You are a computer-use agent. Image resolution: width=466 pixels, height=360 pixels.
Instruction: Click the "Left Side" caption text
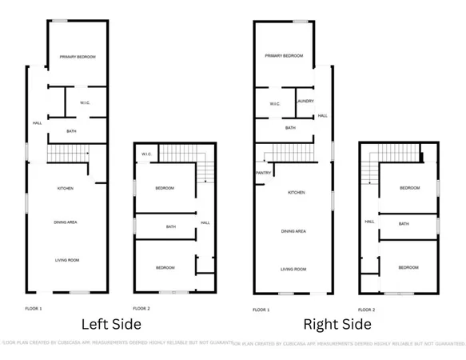click(x=112, y=324)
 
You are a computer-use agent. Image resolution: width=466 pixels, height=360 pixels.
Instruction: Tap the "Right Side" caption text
click(x=337, y=324)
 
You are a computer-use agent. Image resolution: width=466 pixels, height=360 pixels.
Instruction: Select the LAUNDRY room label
click(x=304, y=101)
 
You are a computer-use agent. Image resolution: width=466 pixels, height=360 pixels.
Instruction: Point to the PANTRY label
click(x=264, y=172)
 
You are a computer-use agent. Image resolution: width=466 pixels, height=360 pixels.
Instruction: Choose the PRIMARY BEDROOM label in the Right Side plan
click(x=284, y=56)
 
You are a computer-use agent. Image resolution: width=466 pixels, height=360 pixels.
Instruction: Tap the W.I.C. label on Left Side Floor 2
click(x=146, y=154)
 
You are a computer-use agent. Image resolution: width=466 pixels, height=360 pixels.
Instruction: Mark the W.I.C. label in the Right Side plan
click(x=274, y=103)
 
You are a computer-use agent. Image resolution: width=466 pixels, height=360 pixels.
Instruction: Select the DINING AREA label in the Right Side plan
click(x=293, y=231)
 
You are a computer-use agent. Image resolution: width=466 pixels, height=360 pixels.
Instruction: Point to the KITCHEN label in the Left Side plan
click(x=66, y=188)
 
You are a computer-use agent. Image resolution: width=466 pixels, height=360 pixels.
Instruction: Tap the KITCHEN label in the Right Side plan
click(x=297, y=193)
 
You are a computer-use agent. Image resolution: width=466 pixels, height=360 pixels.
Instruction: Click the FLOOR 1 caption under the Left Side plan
click(x=34, y=308)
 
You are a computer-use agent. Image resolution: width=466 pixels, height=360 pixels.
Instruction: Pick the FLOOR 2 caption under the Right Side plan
click(x=367, y=309)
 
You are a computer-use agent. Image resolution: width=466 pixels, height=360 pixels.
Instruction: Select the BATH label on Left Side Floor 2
click(x=170, y=226)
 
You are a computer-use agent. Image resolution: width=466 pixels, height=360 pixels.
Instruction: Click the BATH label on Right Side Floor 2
click(x=404, y=224)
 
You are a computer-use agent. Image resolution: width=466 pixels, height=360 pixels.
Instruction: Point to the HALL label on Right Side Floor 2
click(x=370, y=222)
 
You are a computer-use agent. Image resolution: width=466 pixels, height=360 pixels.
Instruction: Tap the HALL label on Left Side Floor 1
click(x=37, y=122)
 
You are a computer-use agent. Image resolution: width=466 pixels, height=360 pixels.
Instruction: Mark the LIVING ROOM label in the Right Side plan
click(x=293, y=269)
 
